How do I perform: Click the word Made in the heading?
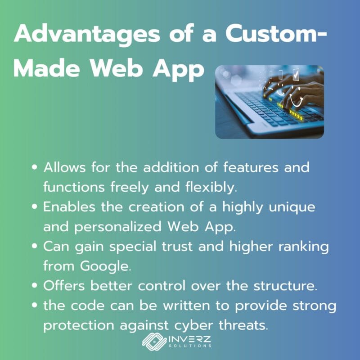point(47,68)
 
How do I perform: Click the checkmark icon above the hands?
point(296,74)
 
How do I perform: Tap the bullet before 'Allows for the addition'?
point(35,167)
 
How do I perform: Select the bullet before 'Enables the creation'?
point(35,207)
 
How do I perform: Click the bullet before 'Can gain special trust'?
point(35,246)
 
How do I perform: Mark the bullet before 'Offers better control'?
point(35,286)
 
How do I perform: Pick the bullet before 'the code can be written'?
point(35,306)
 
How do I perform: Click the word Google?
point(106,267)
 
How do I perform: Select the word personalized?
point(118,227)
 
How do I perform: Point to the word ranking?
point(303,247)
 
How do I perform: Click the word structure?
point(285,286)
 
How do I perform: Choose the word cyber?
point(193,326)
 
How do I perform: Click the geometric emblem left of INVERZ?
point(154,342)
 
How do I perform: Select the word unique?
point(292,207)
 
